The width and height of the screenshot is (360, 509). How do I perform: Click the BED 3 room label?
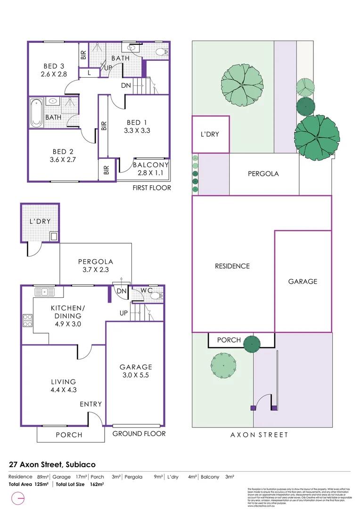click(x=52, y=66)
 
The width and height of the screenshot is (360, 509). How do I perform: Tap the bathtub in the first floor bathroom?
click(x=36, y=113)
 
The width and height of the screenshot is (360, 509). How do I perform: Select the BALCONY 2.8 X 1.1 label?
click(x=150, y=165)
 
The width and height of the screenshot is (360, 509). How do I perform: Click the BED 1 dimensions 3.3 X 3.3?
click(x=138, y=131)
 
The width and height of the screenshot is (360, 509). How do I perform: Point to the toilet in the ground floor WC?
click(x=159, y=296)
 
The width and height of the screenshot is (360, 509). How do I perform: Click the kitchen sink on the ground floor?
click(x=45, y=291)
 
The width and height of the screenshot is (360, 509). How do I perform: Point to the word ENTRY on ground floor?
click(x=90, y=404)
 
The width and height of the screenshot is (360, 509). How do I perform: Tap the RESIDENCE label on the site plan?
click(x=232, y=266)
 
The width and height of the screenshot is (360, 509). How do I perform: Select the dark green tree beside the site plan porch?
click(x=252, y=344)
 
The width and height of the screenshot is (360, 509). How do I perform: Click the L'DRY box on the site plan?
click(x=210, y=134)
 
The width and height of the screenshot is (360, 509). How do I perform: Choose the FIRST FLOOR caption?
click(x=152, y=188)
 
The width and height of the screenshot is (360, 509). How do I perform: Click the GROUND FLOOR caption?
click(x=139, y=434)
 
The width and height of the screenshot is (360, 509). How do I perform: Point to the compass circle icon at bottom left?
click(x=17, y=498)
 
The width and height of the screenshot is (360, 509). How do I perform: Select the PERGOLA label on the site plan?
click(x=263, y=173)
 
